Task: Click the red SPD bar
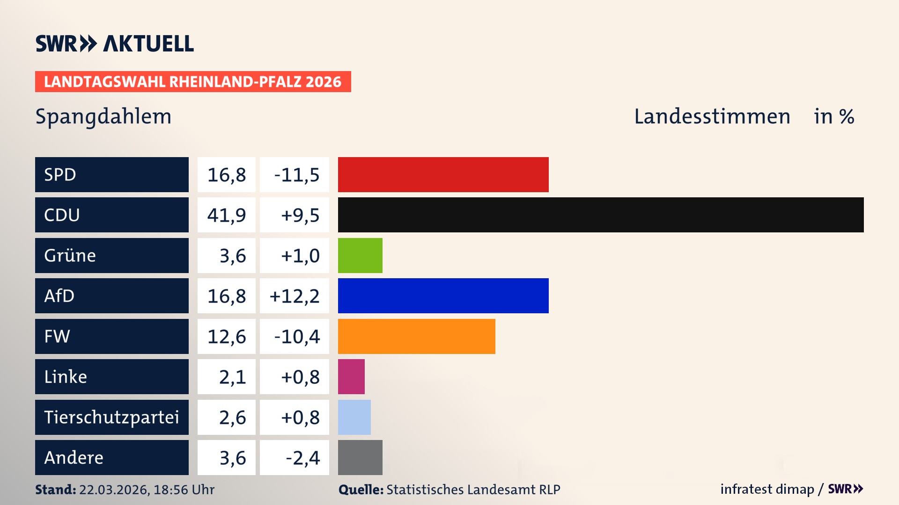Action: (x=443, y=174)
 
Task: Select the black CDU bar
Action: (x=600, y=215)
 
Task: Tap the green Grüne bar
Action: (x=360, y=255)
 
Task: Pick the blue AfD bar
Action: (x=443, y=296)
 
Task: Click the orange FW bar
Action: (x=416, y=336)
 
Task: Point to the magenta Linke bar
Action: (x=351, y=376)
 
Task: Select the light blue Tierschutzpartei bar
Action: (x=354, y=417)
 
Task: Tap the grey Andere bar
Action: (x=360, y=457)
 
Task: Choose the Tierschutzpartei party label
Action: (x=111, y=417)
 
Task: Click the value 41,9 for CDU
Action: (x=227, y=215)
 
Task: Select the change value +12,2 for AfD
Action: (x=295, y=296)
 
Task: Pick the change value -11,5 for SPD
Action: (x=296, y=175)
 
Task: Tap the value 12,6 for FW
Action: (x=227, y=337)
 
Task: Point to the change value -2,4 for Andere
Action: (x=302, y=458)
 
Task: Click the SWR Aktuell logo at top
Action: (x=115, y=43)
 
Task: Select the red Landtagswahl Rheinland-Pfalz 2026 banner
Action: (x=193, y=81)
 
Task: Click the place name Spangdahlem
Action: (x=103, y=116)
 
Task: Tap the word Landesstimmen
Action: (x=712, y=116)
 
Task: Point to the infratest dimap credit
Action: (x=767, y=489)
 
